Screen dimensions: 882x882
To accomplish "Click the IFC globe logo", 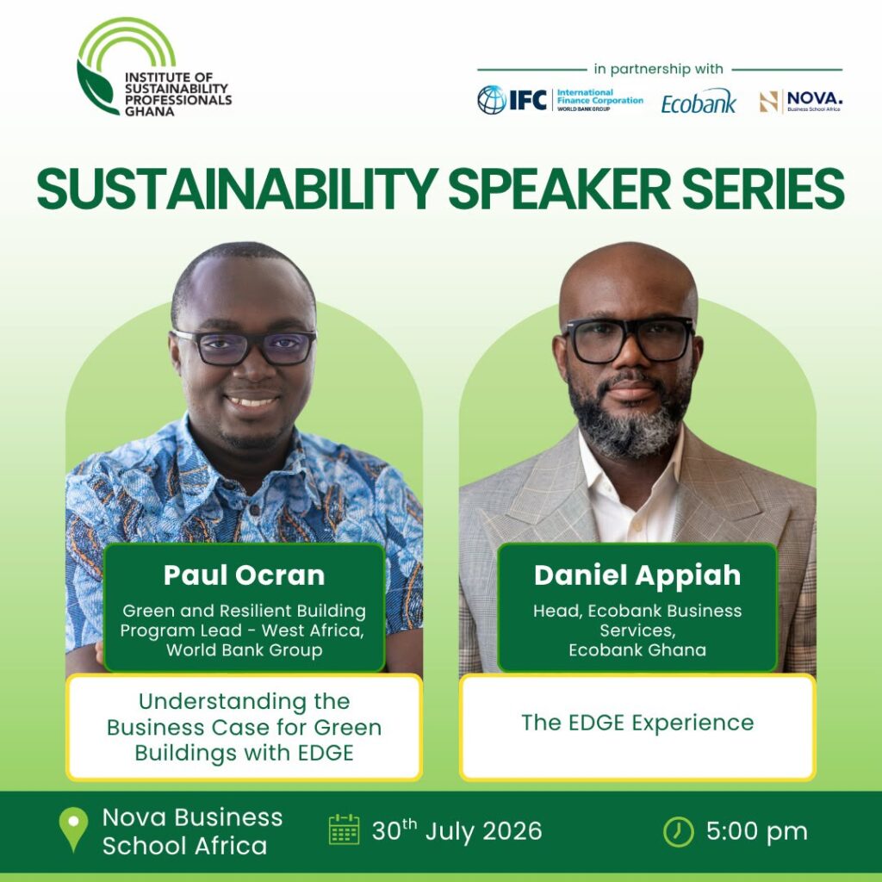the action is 492,100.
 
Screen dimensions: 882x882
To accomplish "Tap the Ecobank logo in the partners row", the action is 698,102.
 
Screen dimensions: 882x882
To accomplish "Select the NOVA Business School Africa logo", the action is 800,102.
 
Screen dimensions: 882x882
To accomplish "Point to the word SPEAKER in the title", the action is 559,189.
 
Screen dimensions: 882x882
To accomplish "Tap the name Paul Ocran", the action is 244,575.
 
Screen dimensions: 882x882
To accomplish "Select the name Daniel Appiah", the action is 637,575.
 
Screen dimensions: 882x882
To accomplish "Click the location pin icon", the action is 74,829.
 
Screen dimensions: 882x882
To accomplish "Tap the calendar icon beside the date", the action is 344,829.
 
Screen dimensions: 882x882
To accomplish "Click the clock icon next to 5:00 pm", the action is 679,831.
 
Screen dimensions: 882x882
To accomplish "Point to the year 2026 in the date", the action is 512,831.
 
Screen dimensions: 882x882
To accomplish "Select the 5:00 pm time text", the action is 756,832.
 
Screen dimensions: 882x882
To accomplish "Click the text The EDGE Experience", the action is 637,723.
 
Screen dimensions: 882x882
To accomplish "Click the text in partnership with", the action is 658,69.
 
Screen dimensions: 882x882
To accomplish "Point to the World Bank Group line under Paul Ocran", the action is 244,650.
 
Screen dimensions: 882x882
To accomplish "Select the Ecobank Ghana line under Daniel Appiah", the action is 637,650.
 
